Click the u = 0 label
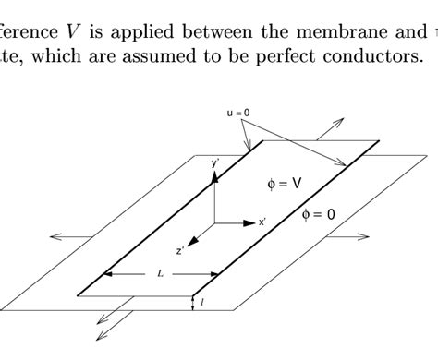tap(237, 113)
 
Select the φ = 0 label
tap(319, 214)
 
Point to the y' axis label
tap(215, 162)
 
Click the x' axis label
tap(262, 222)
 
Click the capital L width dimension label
tap(161, 273)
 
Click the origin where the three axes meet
tap(214, 222)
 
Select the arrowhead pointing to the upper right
tap(340, 122)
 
